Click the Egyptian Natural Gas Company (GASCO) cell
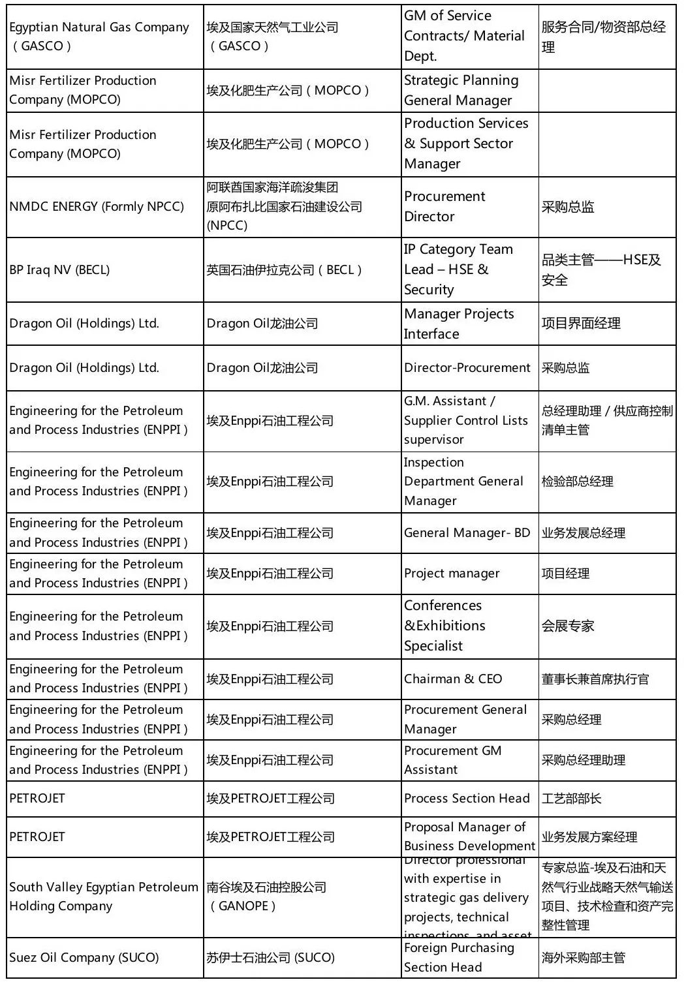coord(104,37)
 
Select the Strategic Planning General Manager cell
coord(469,91)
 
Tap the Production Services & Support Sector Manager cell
coord(469,144)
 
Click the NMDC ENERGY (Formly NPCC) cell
coord(104,207)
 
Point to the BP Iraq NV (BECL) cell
coord(104,269)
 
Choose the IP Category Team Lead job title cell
coord(469,269)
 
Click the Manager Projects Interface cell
coord(469,324)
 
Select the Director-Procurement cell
coord(469,368)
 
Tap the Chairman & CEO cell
coord(469,679)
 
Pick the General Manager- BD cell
coord(469,533)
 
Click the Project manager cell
coord(469,574)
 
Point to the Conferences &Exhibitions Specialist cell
coord(469,626)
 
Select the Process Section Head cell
coord(469,799)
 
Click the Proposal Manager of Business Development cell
coord(469,836)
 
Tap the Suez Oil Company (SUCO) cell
coord(104,958)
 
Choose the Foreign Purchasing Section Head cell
coord(469,958)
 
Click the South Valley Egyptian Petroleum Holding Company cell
coord(104,897)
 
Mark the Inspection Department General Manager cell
coord(469,482)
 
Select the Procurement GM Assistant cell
coord(469,760)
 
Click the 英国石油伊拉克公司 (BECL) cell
coord(302,269)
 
